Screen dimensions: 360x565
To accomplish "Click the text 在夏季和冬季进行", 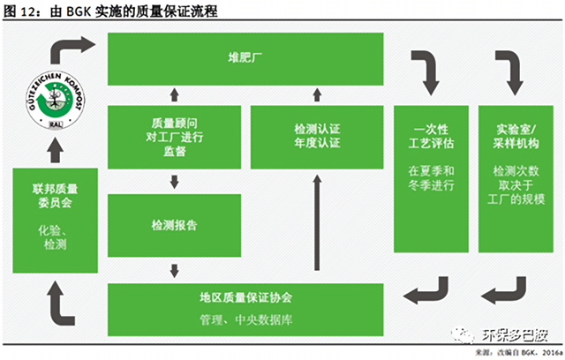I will pos(431,178).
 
